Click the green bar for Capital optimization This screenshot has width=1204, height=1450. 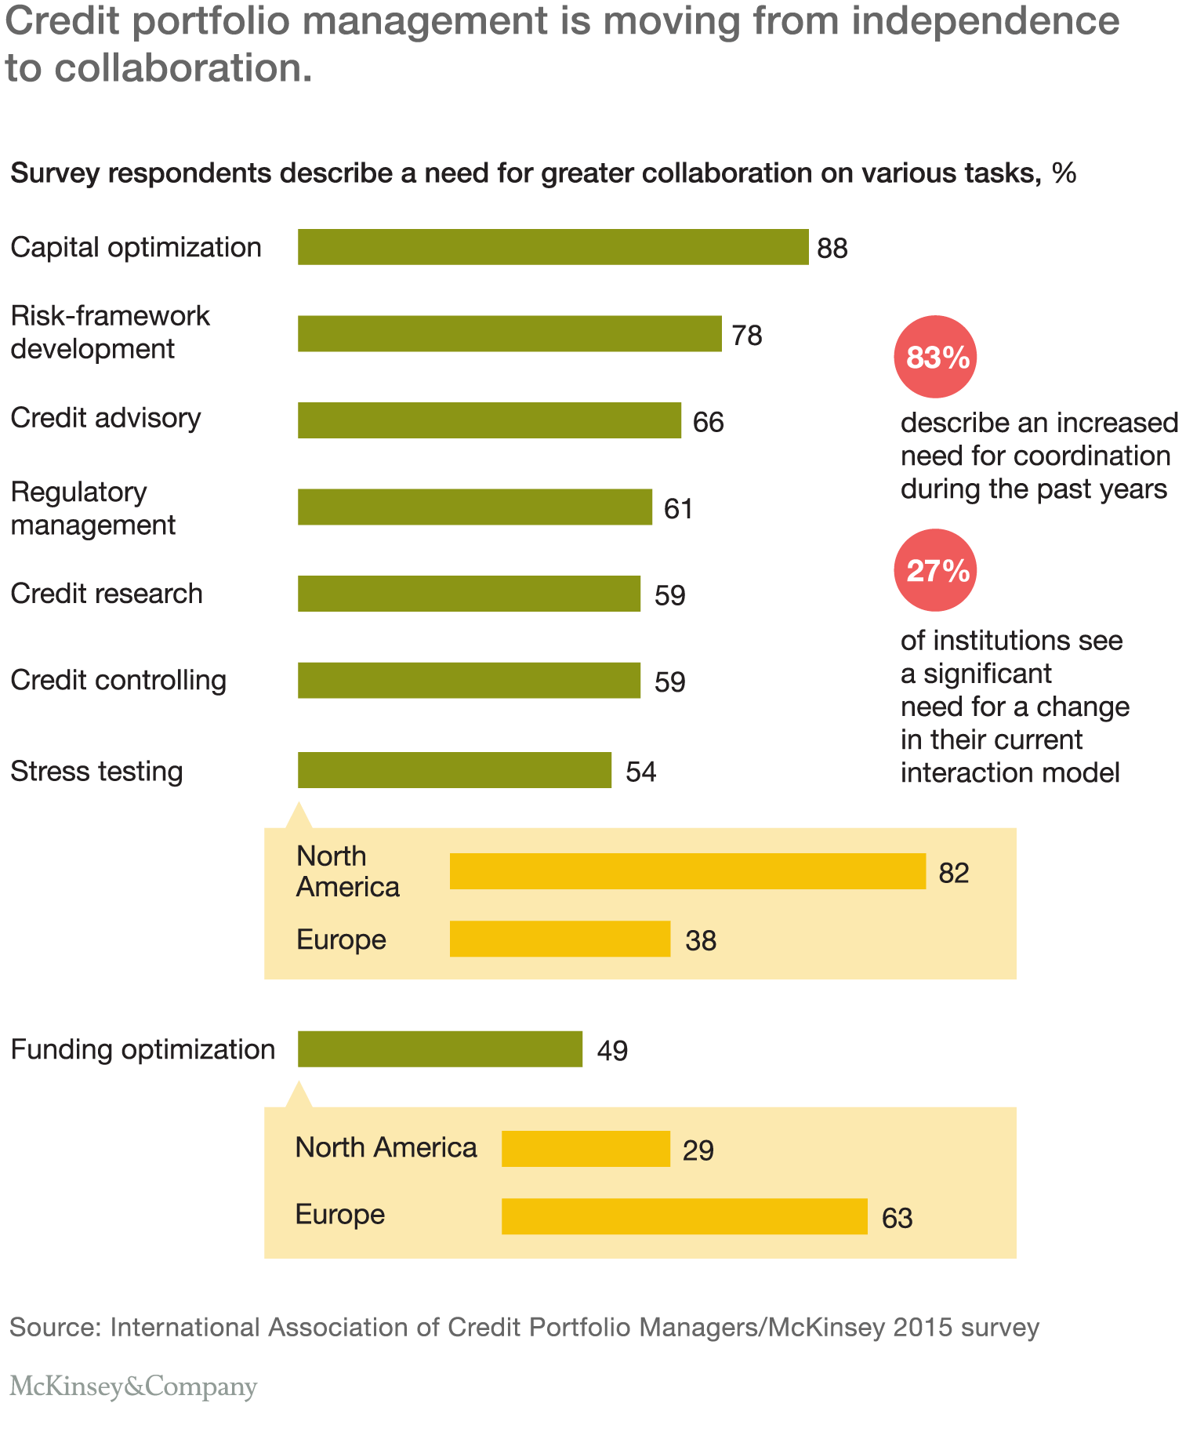pyautogui.click(x=553, y=247)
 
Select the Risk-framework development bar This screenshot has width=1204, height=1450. pyautogui.click(x=510, y=333)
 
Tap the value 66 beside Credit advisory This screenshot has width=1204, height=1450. pyautogui.click(x=709, y=423)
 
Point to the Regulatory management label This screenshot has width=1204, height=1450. pyautogui.click(x=93, y=508)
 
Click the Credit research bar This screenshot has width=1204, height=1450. pyautogui.click(x=469, y=594)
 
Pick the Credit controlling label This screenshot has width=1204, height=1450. pyautogui.click(x=118, y=680)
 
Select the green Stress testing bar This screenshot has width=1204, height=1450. pyautogui.click(x=455, y=770)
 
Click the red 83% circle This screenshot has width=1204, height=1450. pyautogui.click(x=935, y=357)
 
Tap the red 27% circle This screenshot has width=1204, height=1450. pyautogui.click(x=935, y=570)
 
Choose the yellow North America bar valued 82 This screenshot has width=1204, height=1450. pyautogui.click(x=687, y=871)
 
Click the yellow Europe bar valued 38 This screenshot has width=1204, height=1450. pyautogui.click(x=560, y=939)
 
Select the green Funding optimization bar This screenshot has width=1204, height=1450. pyautogui.click(x=440, y=1049)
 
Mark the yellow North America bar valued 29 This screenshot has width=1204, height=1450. pyautogui.click(x=586, y=1149)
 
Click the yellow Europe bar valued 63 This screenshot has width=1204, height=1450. pyautogui.click(x=684, y=1216)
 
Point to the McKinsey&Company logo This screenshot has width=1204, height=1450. pyautogui.click(x=133, y=1386)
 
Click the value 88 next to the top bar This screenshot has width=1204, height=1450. pyautogui.click(x=832, y=249)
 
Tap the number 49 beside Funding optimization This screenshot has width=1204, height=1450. pyautogui.click(x=612, y=1051)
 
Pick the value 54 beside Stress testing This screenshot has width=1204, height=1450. pyautogui.click(x=640, y=772)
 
